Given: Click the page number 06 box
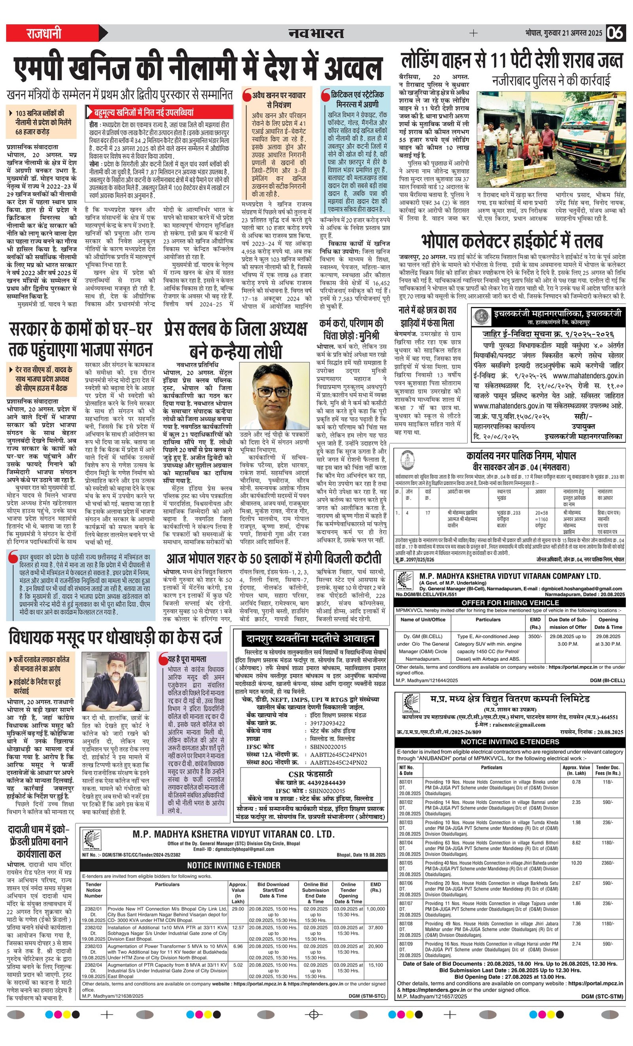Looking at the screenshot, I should coord(615,33).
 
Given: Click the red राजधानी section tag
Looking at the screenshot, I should coord(45,33).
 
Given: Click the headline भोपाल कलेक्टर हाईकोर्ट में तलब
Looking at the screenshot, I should coord(512,241).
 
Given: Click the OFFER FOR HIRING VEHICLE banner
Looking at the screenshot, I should coord(510,603).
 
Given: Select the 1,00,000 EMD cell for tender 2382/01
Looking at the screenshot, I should coord(375,909).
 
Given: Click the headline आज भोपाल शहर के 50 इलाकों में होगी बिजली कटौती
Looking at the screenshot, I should coord(274,557).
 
